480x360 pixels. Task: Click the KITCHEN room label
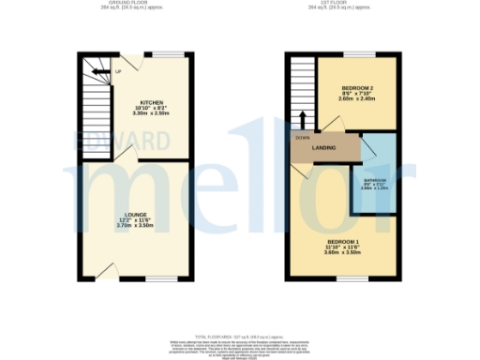click(154, 102)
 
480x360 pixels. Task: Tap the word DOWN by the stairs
click(302, 137)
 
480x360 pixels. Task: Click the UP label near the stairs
click(118, 72)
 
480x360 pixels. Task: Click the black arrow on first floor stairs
click(302, 119)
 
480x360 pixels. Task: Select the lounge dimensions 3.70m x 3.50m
click(136, 226)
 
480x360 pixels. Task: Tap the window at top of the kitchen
click(169, 53)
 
